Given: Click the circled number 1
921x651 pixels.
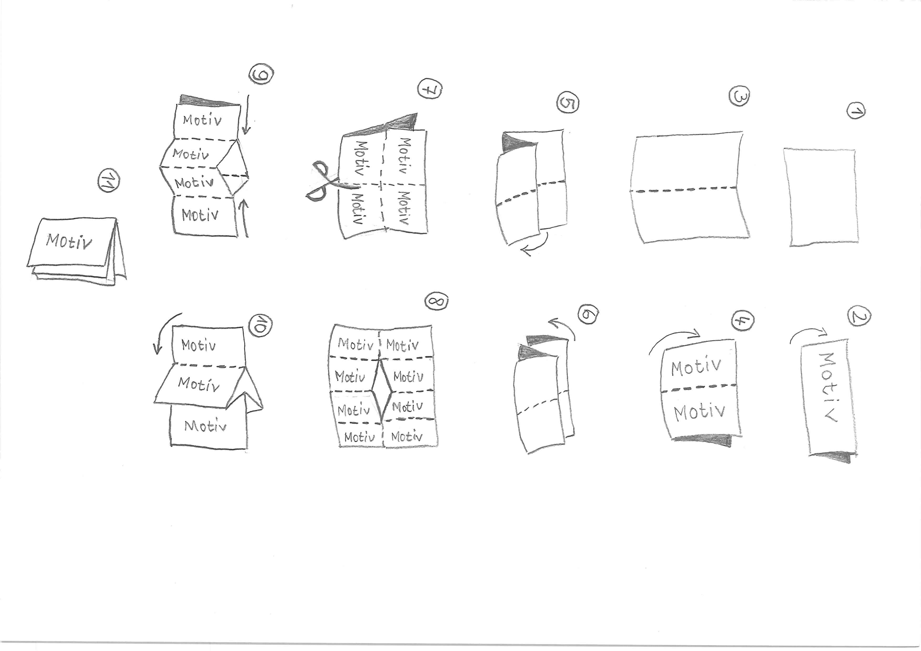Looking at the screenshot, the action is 856,111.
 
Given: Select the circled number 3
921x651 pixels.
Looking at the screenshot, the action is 739,96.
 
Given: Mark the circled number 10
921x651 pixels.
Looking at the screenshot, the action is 260,325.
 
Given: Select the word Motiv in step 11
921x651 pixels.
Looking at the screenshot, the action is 69,241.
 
